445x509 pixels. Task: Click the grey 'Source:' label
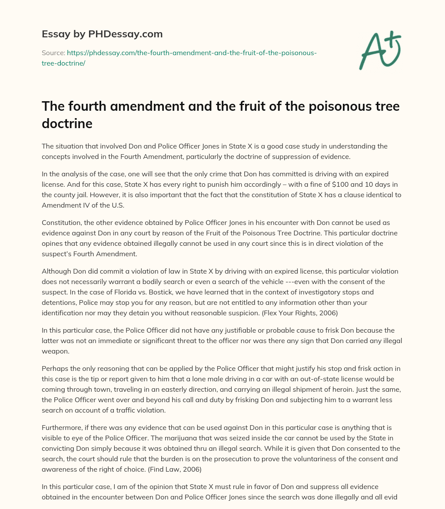coord(53,53)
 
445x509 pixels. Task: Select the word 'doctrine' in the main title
coord(67,123)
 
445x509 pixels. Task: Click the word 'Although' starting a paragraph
coord(56,271)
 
